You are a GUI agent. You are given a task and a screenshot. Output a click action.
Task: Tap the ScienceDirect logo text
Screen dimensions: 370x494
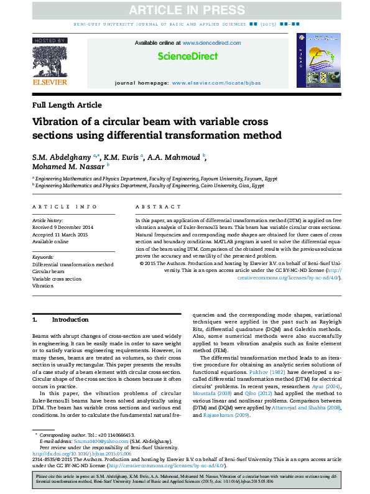point(188,56)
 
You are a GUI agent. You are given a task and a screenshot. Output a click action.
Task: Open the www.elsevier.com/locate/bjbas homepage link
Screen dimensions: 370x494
point(216,83)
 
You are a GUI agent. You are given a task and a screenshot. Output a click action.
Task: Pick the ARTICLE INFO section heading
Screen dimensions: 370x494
point(65,207)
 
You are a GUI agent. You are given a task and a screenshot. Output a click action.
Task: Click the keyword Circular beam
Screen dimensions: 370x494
point(49,272)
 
